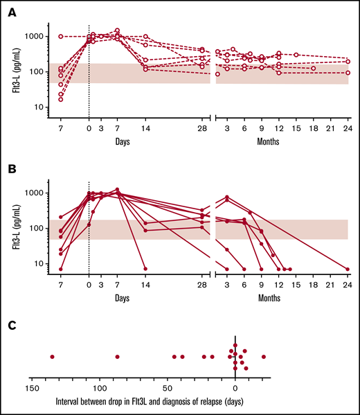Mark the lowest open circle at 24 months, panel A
pos(348,73)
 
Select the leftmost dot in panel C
pos(52,357)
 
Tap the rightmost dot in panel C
pos(263,357)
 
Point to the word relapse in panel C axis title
pos(208,401)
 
